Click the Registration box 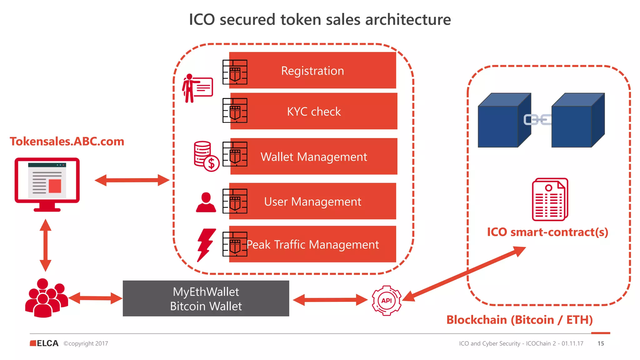click(x=312, y=70)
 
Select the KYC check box click(x=314, y=111)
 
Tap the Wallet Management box click(x=314, y=156)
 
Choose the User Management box click(x=312, y=201)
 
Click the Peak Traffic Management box click(x=312, y=244)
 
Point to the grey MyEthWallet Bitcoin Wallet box click(x=206, y=298)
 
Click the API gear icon click(x=387, y=300)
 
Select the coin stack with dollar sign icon click(x=206, y=156)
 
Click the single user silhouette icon click(x=206, y=203)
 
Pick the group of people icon click(x=46, y=298)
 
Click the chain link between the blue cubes click(x=537, y=120)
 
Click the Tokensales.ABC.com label click(x=67, y=142)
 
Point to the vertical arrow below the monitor click(x=46, y=245)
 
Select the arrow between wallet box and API click(x=330, y=300)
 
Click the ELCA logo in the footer click(x=44, y=343)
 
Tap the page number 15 click(x=601, y=343)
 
